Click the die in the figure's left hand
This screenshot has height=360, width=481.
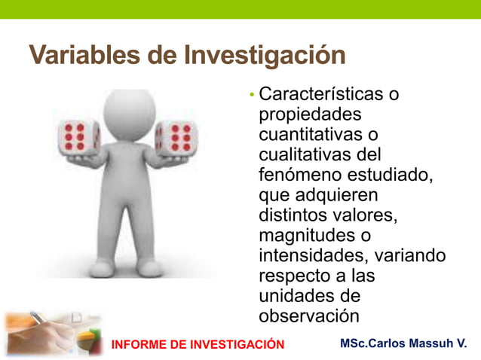pos(174,137)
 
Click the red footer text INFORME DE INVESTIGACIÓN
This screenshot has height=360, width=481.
pos(198,345)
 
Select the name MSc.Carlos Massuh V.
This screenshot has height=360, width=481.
pos(403,344)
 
